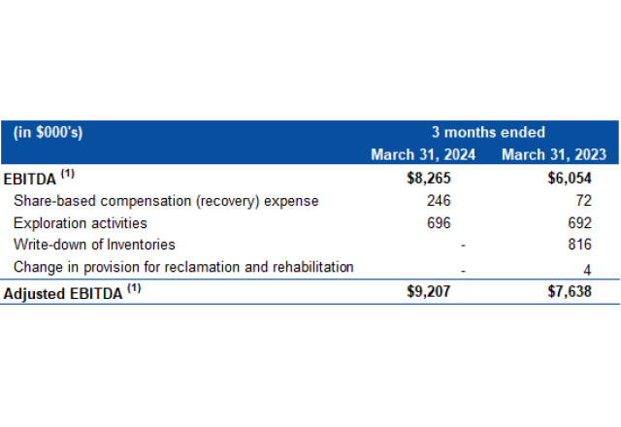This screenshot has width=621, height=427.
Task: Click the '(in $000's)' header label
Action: pyautogui.click(x=49, y=133)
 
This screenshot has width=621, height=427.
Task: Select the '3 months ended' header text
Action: pyautogui.click(x=488, y=133)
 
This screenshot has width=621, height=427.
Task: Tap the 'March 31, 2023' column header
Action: pyautogui.click(x=554, y=154)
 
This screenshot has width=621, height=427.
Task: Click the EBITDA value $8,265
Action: pyautogui.click(x=430, y=179)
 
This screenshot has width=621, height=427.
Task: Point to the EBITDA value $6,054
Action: pyautogui.click(x=571, y=179)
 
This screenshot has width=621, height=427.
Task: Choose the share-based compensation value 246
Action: pyautogui.click(x=440, y=201)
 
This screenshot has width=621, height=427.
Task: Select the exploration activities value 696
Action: pyautogui.click(x=440, y=223)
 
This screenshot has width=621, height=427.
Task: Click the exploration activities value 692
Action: pyautogui.click(x=579, y=223)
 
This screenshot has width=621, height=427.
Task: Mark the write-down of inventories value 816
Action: pyautogui.click(x=579, y=246)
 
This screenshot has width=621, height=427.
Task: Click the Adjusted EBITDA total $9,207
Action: pyautogui.click(x=430, y=290)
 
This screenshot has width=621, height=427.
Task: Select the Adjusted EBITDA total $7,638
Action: pyautogui.click(x=571, y=290)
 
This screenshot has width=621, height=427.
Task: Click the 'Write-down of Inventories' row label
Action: pyautogui.click(x=94, y=245)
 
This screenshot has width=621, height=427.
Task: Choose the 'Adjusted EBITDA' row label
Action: pyautogui.click(x=64, y=291)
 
